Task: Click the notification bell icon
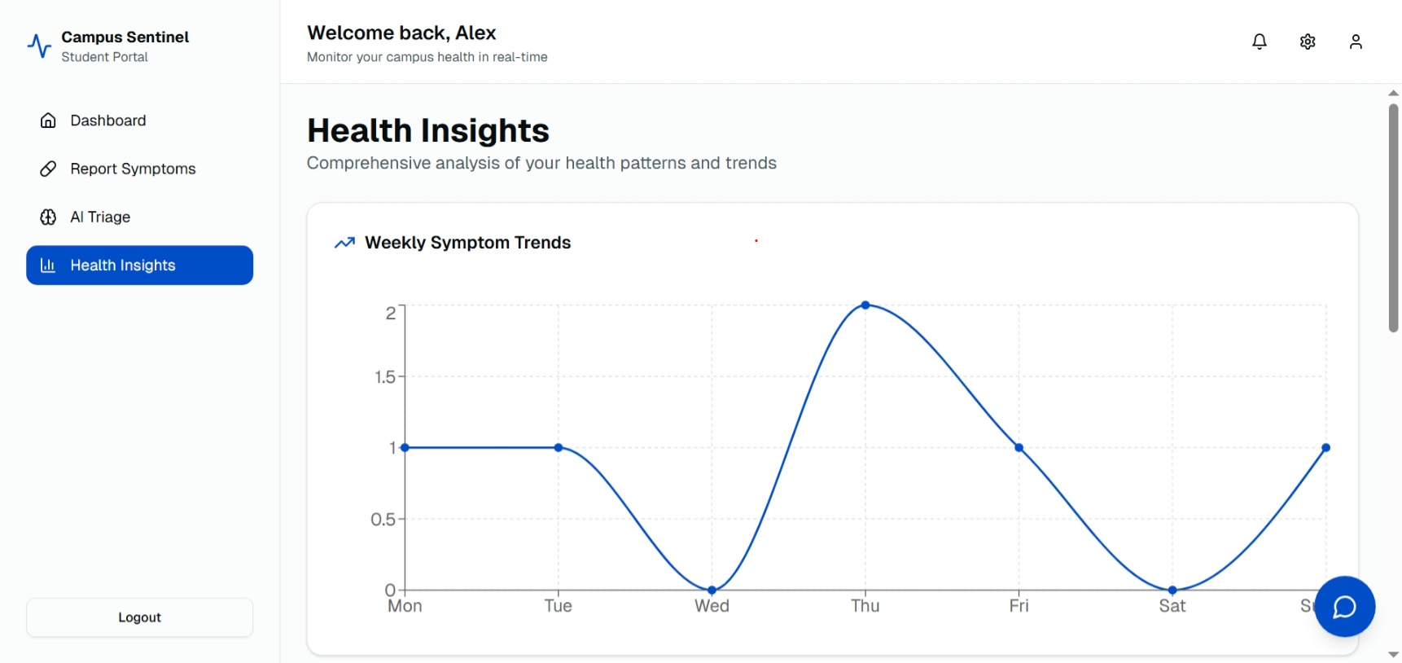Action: tap(1259, 42)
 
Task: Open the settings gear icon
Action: tap(1308, 42)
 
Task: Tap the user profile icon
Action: tap(1356, 42)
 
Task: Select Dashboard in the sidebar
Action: tap(107, 121)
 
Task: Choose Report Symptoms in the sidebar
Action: tap(132, 169)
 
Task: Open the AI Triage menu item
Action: tap(99, 217)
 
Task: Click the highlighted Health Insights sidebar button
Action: tap(139, 266)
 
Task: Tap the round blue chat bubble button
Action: tap(1344, 606)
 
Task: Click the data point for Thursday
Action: tap(865, 305)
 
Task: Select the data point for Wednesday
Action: tap(712, 590)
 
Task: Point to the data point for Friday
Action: tap(1019, 448)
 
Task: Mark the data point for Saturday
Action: tap(1172, 590)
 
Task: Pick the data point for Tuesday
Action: tap(559, 448)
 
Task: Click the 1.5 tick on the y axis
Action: tap(385, 377)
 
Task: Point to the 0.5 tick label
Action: tap(383, 520)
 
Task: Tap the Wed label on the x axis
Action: tap(712, 606)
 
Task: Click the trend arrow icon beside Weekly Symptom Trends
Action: tap(344, 243)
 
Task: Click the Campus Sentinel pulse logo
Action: tap(39, 46)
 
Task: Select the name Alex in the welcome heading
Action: tap(475, 33)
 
